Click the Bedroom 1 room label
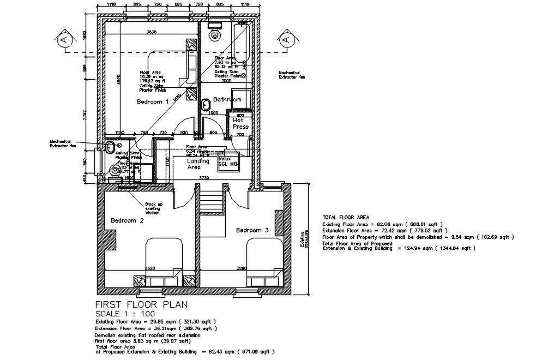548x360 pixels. [x=153, y=102]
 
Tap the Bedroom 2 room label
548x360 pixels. [x=127, y=221]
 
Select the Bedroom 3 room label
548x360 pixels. [x=252, y=231]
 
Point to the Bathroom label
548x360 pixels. [x=227, y=100]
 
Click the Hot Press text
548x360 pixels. [x=240, y=123]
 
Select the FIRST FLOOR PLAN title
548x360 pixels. [x=143, y=304]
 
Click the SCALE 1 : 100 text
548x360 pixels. [x=125, y=314]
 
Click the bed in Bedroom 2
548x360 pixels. [x=164, y=262]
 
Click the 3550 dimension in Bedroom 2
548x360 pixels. [x=151, y=268]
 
